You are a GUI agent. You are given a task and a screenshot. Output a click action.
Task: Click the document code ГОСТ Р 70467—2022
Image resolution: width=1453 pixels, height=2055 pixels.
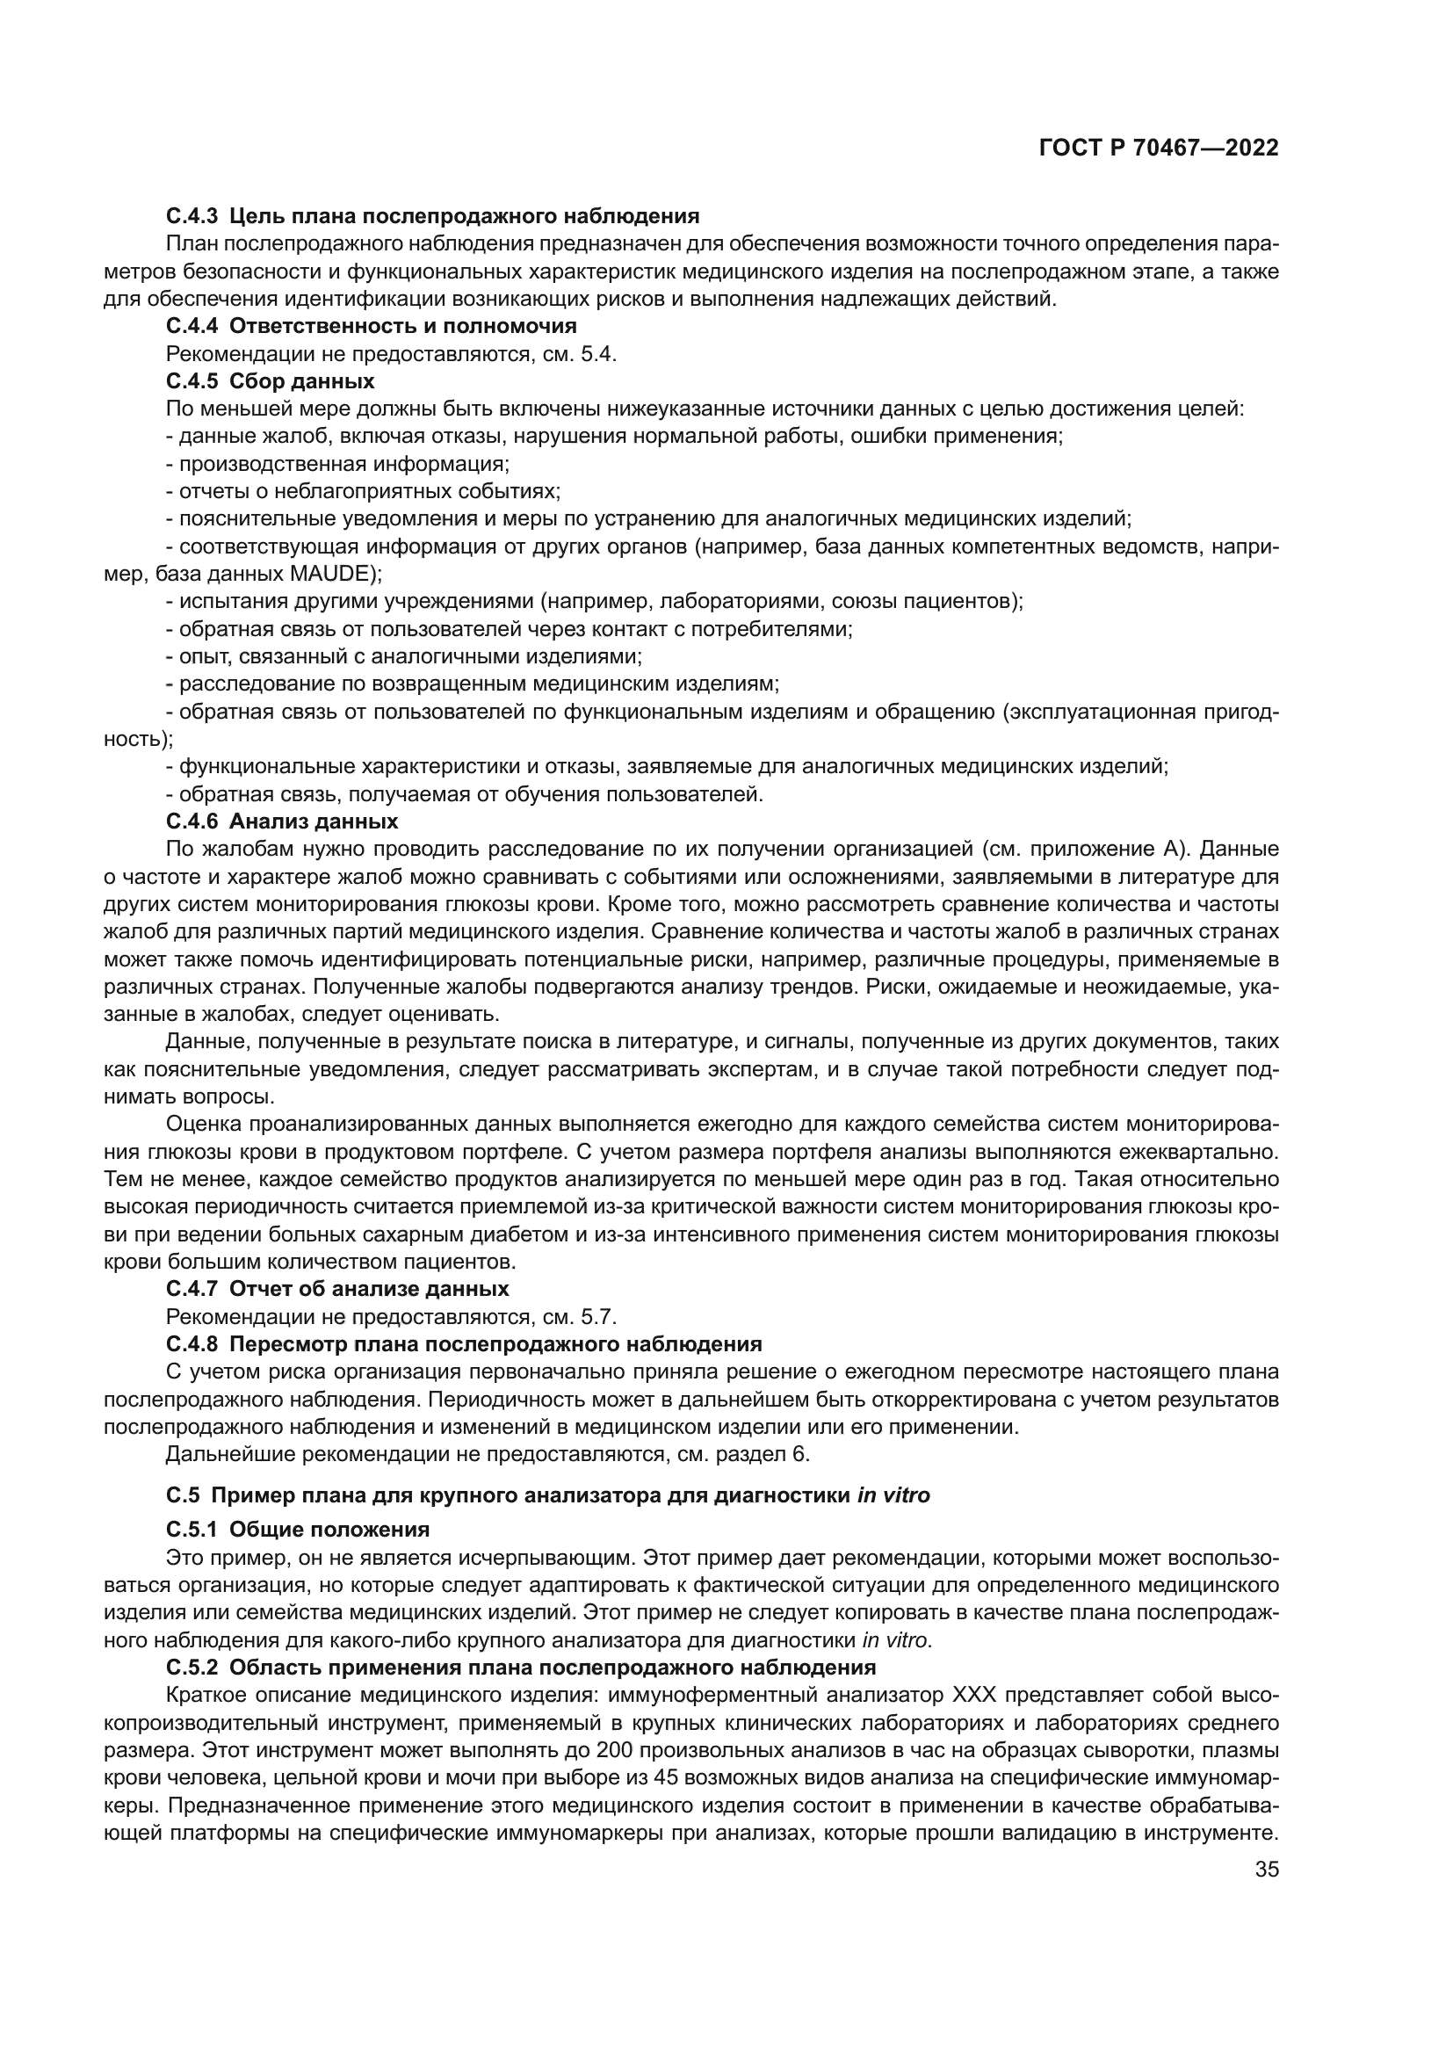point(1159,148)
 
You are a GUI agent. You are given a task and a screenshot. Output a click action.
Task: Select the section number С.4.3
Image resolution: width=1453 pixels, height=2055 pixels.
point(192,216)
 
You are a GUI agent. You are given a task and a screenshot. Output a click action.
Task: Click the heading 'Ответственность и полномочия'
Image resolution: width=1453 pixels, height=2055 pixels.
point(402,326)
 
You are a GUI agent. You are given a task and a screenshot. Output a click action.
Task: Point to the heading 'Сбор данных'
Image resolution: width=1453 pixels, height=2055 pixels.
point(301,381)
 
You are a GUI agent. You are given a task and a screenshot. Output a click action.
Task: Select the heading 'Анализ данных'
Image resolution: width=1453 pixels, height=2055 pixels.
point(313,821)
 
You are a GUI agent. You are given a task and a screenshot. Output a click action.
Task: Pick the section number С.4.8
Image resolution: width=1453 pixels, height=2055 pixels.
point(192,1344)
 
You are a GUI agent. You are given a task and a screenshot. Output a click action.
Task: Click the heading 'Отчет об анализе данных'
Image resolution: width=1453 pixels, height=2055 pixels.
point(369,1289)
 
